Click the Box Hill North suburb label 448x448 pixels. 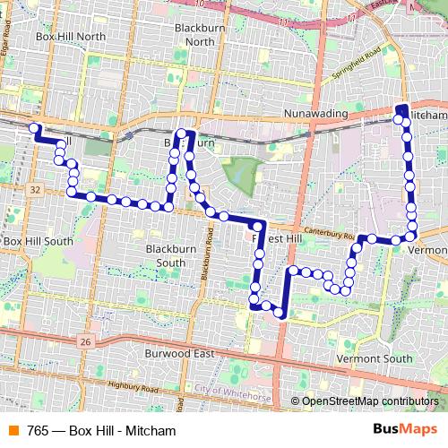tap(70, 37)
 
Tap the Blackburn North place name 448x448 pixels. tap(194, 34)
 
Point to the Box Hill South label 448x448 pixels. tap(38, 241)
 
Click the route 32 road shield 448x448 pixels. tap(34, 190)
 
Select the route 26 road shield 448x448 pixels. tap(84, 341)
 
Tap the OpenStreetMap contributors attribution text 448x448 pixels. tap(370, 401)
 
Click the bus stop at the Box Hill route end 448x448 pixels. tap(35, 128)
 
